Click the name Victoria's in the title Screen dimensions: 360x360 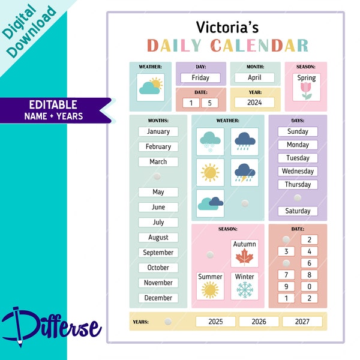[227, 27]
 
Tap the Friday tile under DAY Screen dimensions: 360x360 [200, 77]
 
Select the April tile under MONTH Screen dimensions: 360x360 [254, 77]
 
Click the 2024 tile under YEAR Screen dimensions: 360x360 [254, 103]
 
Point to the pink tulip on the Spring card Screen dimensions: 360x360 [306, 91]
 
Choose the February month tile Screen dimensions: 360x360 [158, 147]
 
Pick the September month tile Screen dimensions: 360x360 [158, 253]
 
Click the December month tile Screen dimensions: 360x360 [158, 298]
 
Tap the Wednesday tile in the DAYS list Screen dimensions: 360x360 [298, 171]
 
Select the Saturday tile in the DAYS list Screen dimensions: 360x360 [298, 211]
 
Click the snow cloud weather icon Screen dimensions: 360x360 [210, 142]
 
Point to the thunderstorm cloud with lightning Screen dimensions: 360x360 [245, 172]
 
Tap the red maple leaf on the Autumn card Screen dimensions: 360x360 [245, 257]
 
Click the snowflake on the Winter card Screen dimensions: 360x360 [245, 290]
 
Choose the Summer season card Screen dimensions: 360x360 [210, 286]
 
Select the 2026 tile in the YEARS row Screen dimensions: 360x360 [259, 322]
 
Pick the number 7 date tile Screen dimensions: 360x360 [286, 275]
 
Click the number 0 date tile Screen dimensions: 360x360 [309, 287]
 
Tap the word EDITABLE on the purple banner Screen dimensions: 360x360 [53, 104]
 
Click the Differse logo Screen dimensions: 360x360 [51, 326]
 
